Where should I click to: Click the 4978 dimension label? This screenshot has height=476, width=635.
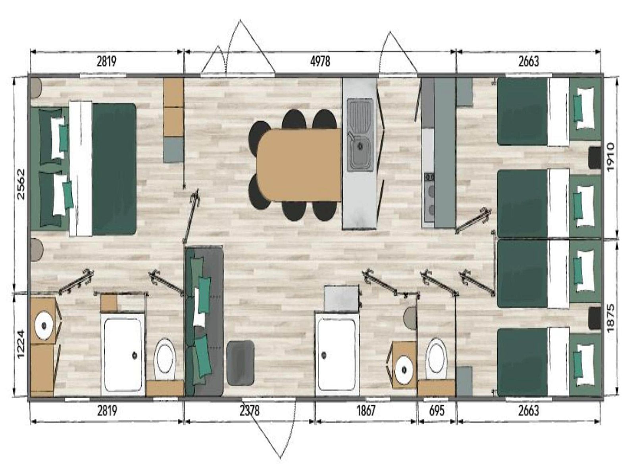(x=320, y=61)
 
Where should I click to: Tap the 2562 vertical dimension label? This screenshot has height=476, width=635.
(x=21, y=184)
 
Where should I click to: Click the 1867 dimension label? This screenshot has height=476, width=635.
(x=366, y=410)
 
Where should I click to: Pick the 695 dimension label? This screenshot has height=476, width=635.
(x=436, y=410)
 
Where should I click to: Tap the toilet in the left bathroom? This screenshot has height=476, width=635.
(x=165, y=359)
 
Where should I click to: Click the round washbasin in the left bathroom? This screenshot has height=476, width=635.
(x=44, y=325)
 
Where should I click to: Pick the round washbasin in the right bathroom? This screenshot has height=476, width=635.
(x=404, y=369)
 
